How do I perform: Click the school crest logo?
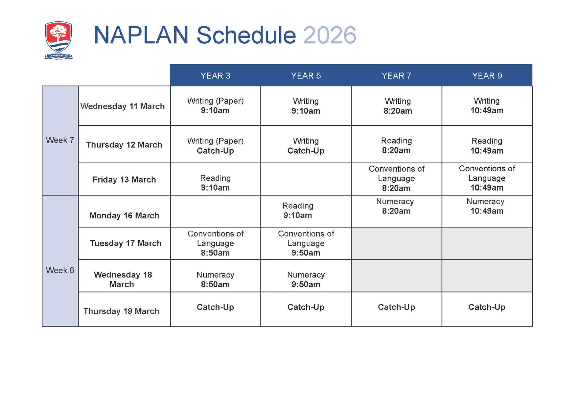58,40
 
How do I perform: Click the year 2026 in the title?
330,35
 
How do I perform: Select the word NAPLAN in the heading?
141,35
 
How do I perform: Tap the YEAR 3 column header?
215,76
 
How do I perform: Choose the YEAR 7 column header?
397,76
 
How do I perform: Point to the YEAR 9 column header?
487,76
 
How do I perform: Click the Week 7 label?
60,140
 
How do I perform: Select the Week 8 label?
60,270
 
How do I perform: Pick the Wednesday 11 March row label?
123,106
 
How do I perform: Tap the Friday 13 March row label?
124,180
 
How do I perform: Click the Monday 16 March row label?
124,216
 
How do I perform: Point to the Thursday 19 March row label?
121,311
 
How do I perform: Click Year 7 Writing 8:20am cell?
398,106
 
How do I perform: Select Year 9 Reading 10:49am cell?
487,146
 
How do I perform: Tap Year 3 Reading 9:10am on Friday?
215,183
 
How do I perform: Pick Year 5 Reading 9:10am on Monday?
298,210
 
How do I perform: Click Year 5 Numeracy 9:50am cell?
306,279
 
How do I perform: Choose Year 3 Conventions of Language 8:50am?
215,243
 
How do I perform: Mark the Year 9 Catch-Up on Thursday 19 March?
487,307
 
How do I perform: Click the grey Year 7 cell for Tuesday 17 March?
397,244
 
